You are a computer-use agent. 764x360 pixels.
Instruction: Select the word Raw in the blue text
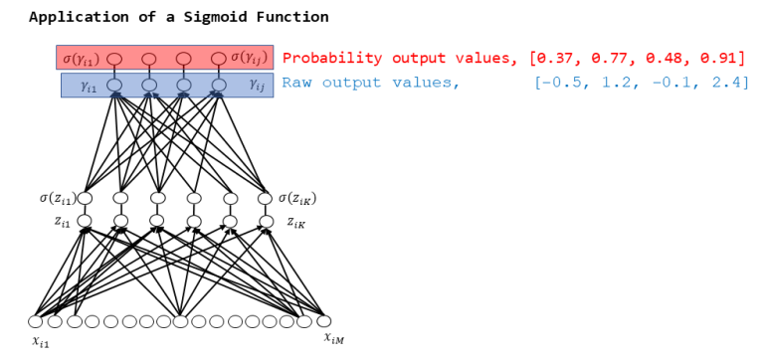click(295, 83)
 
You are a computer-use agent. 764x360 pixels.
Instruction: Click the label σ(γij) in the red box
click(248, 58)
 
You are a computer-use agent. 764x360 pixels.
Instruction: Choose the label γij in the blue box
click(257, 87)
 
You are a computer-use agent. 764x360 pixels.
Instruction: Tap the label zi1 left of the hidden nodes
click(62, 221)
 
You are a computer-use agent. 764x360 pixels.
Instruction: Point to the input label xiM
click(333, 339)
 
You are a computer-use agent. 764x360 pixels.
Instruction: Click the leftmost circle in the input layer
click(36, 321)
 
